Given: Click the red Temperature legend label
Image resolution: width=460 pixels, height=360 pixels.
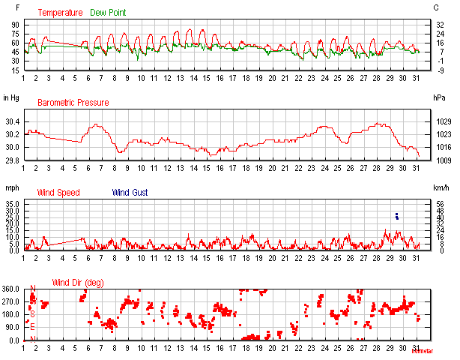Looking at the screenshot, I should coord(60,13).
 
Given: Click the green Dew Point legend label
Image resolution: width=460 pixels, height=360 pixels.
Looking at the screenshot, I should coord(109,13).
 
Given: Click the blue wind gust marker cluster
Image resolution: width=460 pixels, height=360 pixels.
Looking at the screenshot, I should coord(397,216).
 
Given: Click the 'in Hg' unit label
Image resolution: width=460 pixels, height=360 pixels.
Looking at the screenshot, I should coord(10,97).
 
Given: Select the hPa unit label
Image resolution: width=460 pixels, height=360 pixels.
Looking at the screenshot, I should coord(439,97).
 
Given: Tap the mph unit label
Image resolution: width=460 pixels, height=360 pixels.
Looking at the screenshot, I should coord(11,187).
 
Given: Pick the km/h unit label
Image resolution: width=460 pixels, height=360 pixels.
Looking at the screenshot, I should coord(441,187).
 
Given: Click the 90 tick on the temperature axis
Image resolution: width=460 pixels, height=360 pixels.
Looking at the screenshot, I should coord(14,24).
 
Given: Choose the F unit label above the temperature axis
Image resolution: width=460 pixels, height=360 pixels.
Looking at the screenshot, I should coord(6,7).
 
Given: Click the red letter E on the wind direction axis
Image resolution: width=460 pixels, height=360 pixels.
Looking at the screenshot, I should coord(31,327).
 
